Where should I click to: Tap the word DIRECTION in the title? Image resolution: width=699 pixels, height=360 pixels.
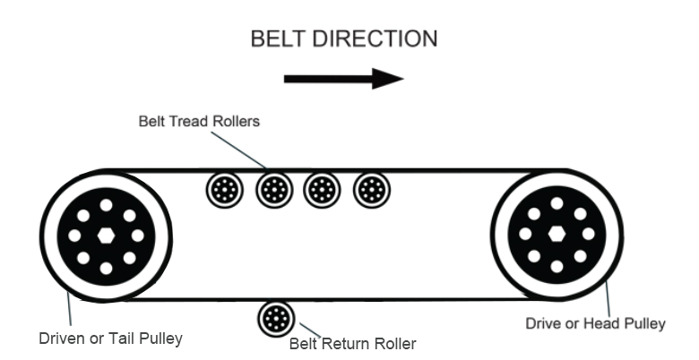[378, 39]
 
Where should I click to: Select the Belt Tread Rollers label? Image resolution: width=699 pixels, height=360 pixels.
[198, 121]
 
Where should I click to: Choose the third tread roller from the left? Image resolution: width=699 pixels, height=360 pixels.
[320, 190]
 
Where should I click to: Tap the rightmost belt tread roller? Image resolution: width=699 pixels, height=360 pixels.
[369, 190]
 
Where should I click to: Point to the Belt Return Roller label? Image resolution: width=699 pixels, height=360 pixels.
[352, 342]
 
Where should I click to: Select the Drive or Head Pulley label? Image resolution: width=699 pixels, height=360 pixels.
[594, 323]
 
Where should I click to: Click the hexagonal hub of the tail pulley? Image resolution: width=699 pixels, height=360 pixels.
[106, 236]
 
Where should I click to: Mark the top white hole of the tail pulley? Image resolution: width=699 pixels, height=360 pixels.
[106, 205]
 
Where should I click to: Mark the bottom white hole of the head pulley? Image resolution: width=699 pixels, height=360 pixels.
[557, 267]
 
